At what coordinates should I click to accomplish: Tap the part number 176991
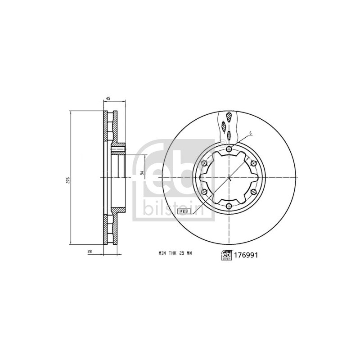click(x=246, y=255)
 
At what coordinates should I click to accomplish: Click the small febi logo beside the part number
click(x=225, y=255)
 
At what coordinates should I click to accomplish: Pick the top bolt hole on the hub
click(x=229, y=149)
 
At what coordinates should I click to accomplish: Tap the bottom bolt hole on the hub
click(x=229, y=206)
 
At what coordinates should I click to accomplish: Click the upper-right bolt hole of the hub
click(x=253, y=163)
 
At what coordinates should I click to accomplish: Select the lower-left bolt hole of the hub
click(x=205, y=192)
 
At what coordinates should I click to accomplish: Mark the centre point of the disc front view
click(x=229, y=178)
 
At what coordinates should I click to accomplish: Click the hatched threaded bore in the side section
click(x=120, y=148)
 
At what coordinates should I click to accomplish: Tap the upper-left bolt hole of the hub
click(x=205, y=163)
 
